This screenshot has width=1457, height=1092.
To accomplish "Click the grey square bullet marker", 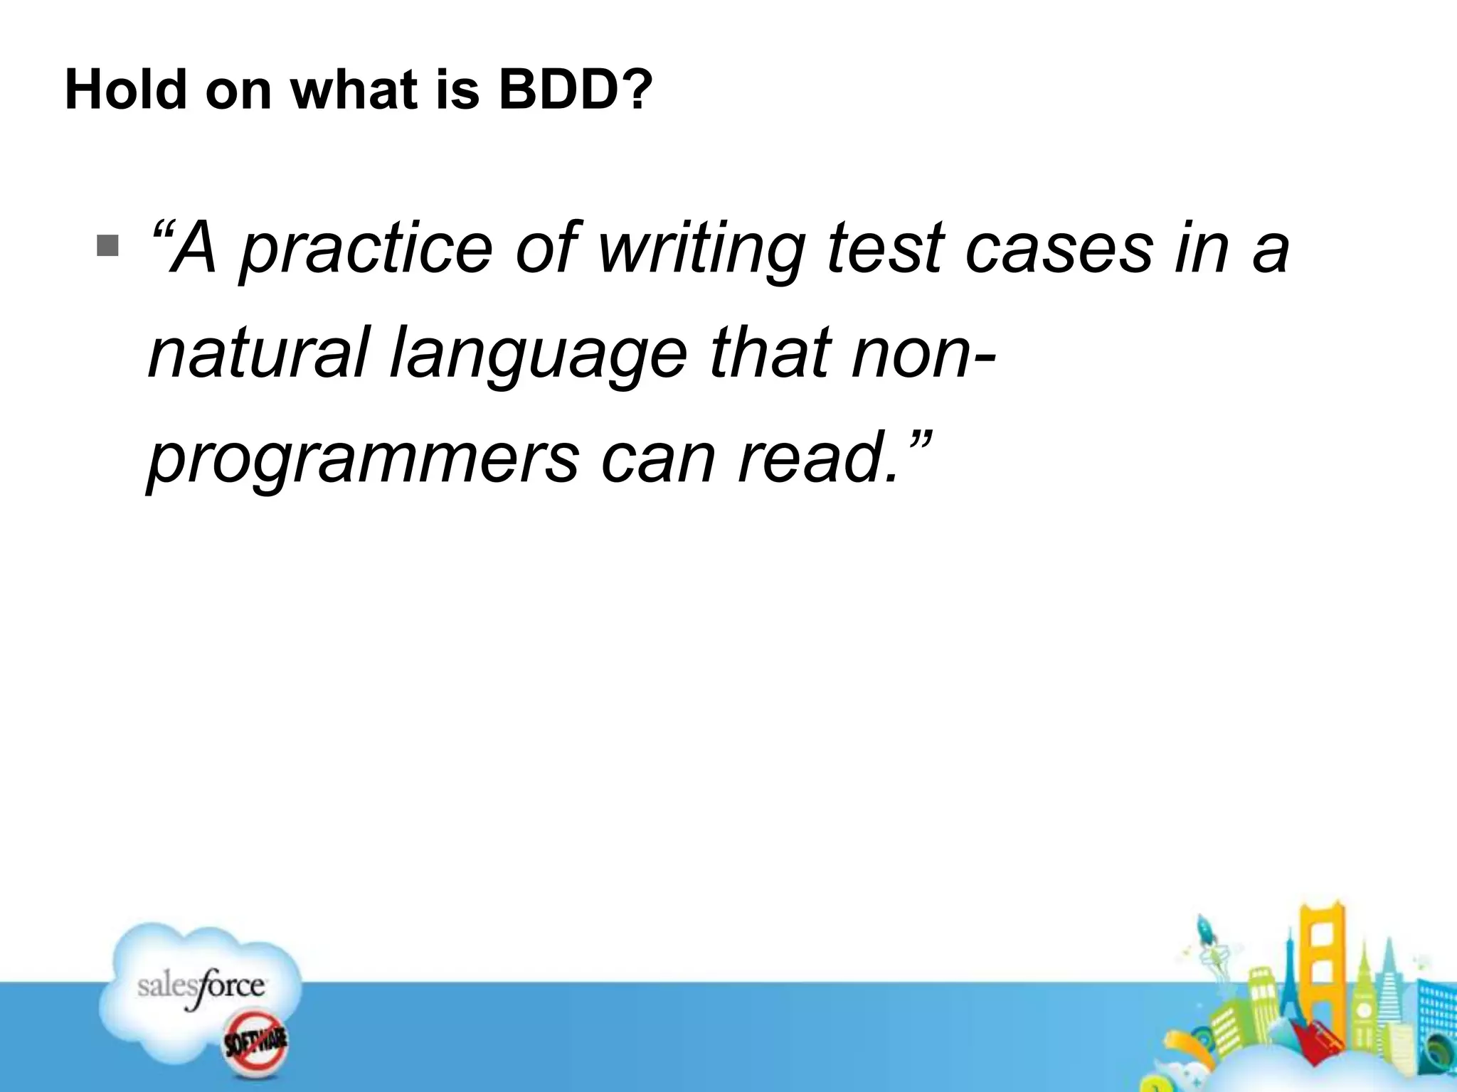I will pos(108,246).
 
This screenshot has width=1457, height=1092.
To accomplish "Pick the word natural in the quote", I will pos(259,353).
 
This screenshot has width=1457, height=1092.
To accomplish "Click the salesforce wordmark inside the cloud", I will pos(201,987).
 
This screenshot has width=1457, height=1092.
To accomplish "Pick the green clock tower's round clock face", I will pos(1364,1010).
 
